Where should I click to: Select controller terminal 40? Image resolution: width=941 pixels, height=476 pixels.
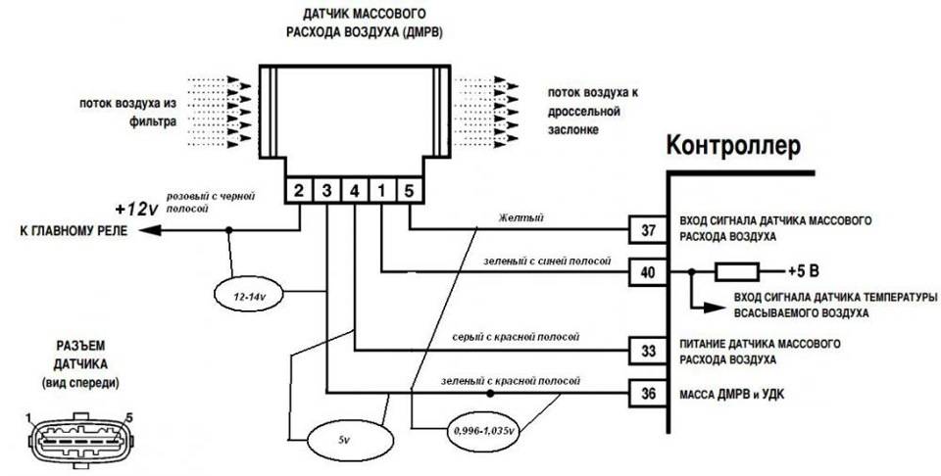(x=647, y=272)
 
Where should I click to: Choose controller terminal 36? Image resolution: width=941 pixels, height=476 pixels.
(x=647, y=394)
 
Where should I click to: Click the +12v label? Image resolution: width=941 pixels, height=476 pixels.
(x=135, y=209)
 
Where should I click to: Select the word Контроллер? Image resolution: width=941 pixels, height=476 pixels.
(x=734, y=146)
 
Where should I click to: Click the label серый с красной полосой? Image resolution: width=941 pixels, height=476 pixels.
(x=508, y=337)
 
